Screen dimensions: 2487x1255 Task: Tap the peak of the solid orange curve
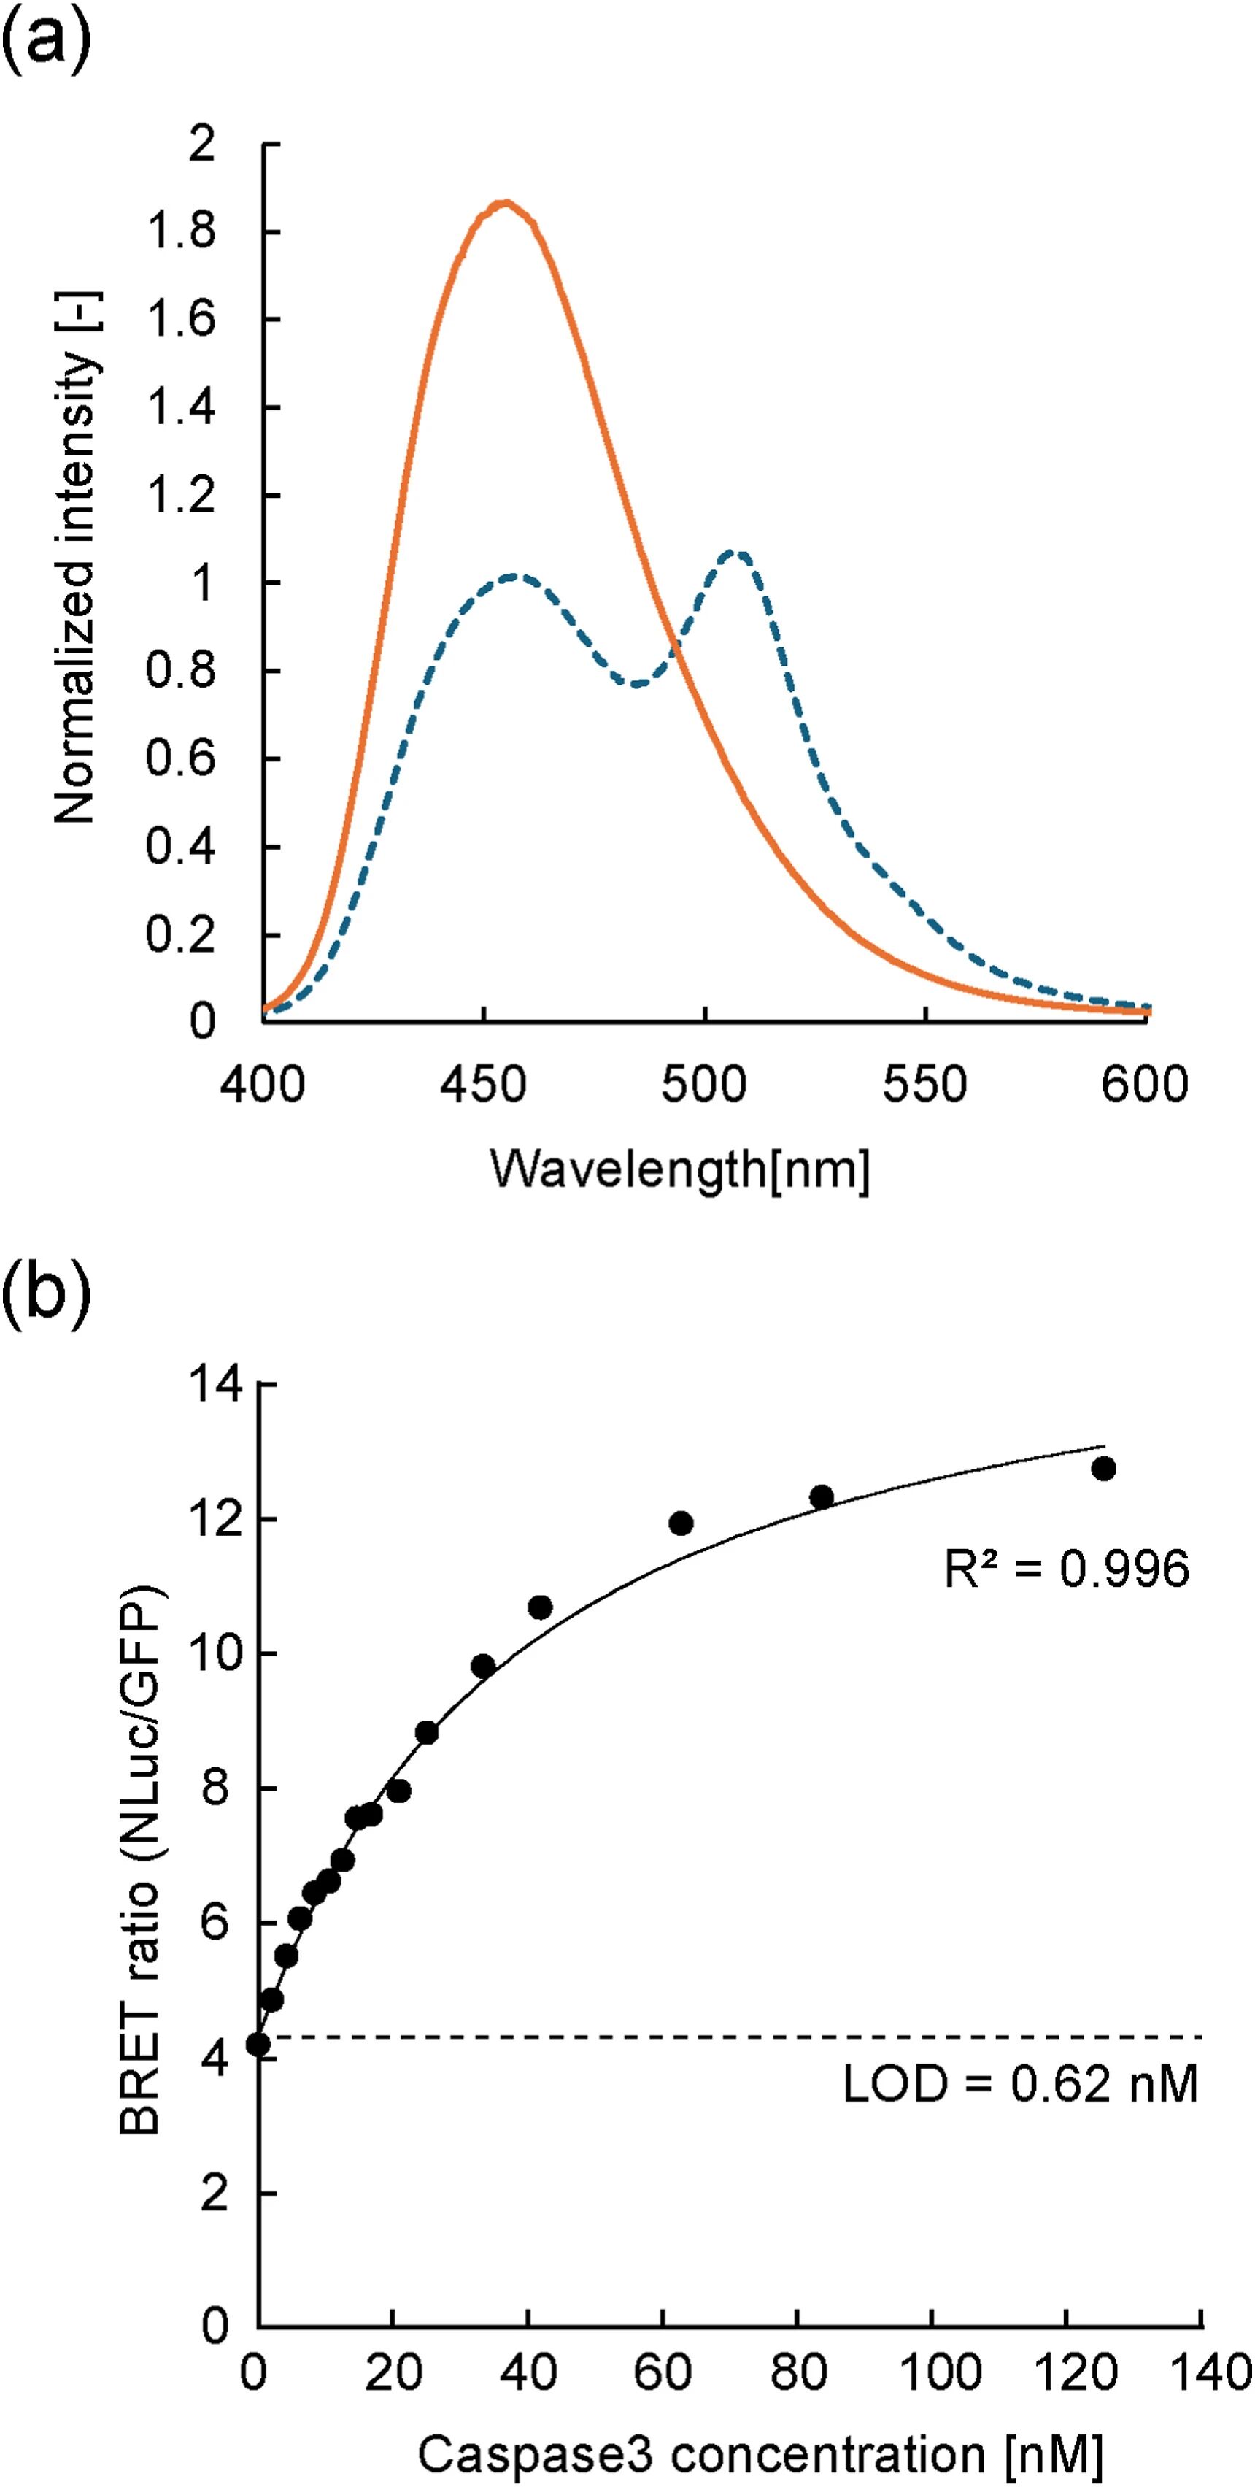[x=503, y=203]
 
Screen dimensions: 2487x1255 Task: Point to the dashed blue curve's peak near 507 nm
[x=737, y=553]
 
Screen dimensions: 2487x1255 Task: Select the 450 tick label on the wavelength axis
[x=483, y=1084]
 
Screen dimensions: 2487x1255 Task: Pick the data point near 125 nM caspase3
[x=1103, y=1469]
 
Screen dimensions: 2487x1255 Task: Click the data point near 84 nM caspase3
[x=821, y=1497]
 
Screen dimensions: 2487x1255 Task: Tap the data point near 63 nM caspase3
[x=681, y=1523]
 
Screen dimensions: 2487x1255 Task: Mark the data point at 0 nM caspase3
[x=258, y=2044]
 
